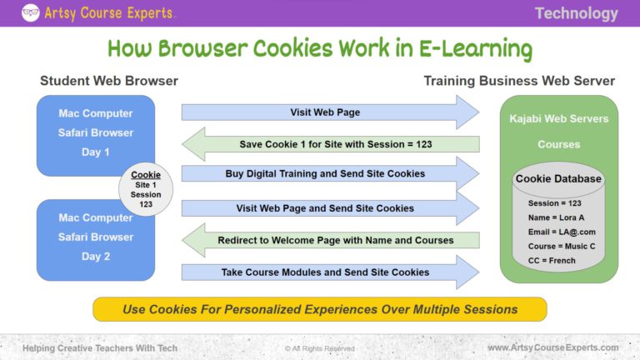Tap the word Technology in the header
tap(576, 13)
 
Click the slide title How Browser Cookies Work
tap(320, 47)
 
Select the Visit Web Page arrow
tap(325, 112)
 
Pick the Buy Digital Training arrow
tap(325, 173)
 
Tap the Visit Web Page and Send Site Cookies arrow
tap(325, 207)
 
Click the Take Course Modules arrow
tap(325, 272)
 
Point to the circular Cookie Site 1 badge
tap(146, 189)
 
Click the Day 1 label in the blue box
tap(96, 152)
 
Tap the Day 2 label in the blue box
tap(96, 256)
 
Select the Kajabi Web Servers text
tap(558, 118)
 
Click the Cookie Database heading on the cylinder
tap(558, 178)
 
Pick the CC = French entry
tap(552, 261)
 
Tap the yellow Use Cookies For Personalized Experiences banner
tap(320, 309)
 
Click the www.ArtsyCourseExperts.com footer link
tap(552, 347)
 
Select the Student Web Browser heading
tap(109, 81)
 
